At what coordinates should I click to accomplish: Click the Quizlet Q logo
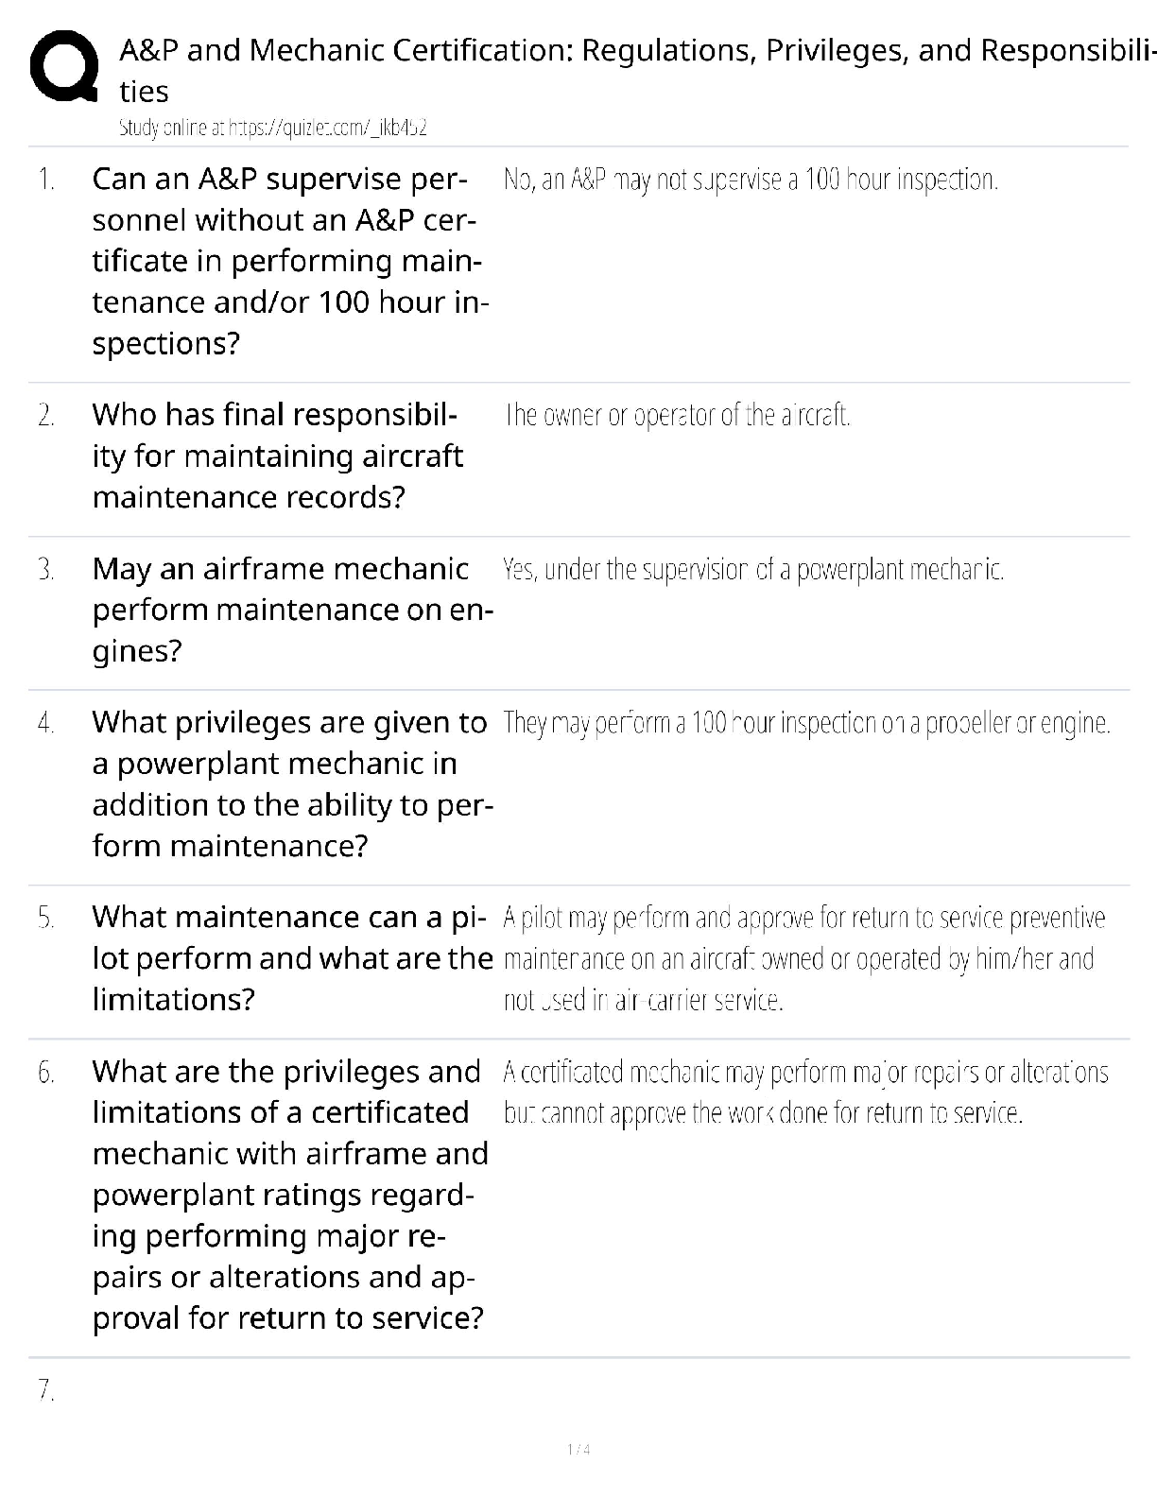(63, 67)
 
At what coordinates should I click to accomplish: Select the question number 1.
(46, 180)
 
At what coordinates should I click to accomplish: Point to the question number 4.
(46, 723)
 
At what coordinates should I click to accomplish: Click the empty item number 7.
(46, 1390)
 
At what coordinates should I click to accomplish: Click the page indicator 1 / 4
(578, 1450)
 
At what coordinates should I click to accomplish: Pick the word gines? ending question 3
(137, 651)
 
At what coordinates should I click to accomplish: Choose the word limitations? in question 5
(174, 1000)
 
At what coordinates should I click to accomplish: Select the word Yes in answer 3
(520, 570)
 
